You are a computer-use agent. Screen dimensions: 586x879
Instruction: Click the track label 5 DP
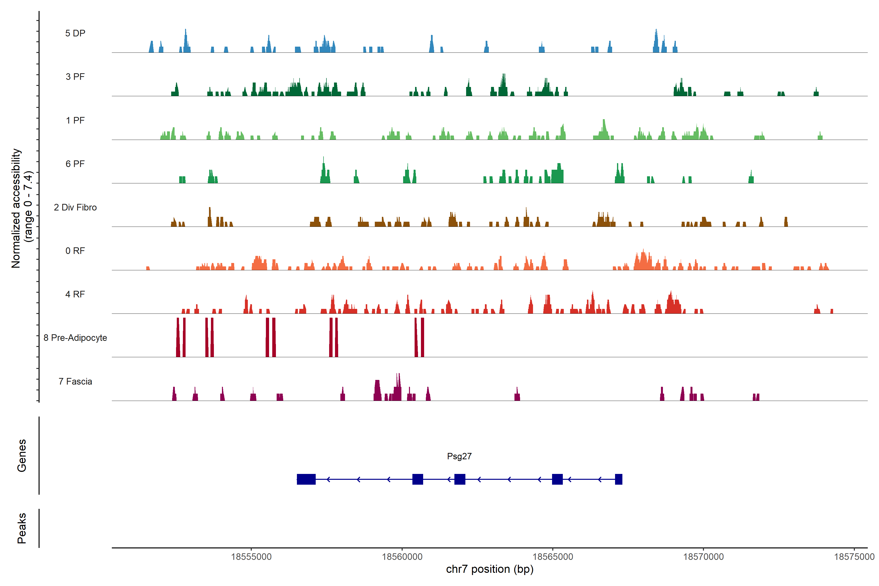[x=75, y=33]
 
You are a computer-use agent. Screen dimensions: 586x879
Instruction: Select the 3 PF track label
[x=75, y=77]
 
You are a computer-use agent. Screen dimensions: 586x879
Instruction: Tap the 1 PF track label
[x=75, y=120]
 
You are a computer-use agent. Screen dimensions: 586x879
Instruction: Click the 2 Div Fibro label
[x=75, y=207]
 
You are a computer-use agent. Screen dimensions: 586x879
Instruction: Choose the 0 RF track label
[x=75, y=251]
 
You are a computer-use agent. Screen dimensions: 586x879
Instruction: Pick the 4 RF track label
[x=75, y=294]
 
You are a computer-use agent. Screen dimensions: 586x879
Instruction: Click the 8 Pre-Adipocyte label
[x=75, y=338]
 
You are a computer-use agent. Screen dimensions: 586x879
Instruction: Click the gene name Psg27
[x=459, y=456]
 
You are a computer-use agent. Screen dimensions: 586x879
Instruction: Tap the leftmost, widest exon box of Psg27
[x=306, y=479]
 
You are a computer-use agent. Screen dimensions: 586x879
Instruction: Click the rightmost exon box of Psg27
[x=618, y=479]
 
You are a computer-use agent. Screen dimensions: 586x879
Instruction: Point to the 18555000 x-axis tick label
[x=251, y=557]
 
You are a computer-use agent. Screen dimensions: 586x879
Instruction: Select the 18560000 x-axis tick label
[x=402, y=557]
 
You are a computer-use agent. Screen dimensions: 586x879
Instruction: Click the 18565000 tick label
[x=553, y=557]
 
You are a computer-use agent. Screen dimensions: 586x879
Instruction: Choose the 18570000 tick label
[x=703, y=557]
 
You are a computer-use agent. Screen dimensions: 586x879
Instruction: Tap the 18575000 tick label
[x=854, y=557]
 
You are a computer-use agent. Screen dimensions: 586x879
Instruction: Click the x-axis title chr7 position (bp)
[x=490, y=569]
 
